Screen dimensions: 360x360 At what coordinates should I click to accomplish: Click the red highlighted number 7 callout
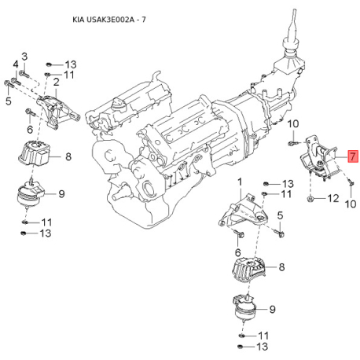353,156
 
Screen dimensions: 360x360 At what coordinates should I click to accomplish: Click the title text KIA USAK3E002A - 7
109,20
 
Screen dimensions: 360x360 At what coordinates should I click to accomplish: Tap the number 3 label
24,57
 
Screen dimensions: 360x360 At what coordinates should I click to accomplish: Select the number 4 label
16,64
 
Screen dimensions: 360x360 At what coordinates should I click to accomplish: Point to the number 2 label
57,83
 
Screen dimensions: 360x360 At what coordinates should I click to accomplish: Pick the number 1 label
240,182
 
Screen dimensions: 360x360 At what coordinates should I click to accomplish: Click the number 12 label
333,198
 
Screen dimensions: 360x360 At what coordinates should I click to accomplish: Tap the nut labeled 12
310,199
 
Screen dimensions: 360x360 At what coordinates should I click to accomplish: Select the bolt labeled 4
16,81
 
